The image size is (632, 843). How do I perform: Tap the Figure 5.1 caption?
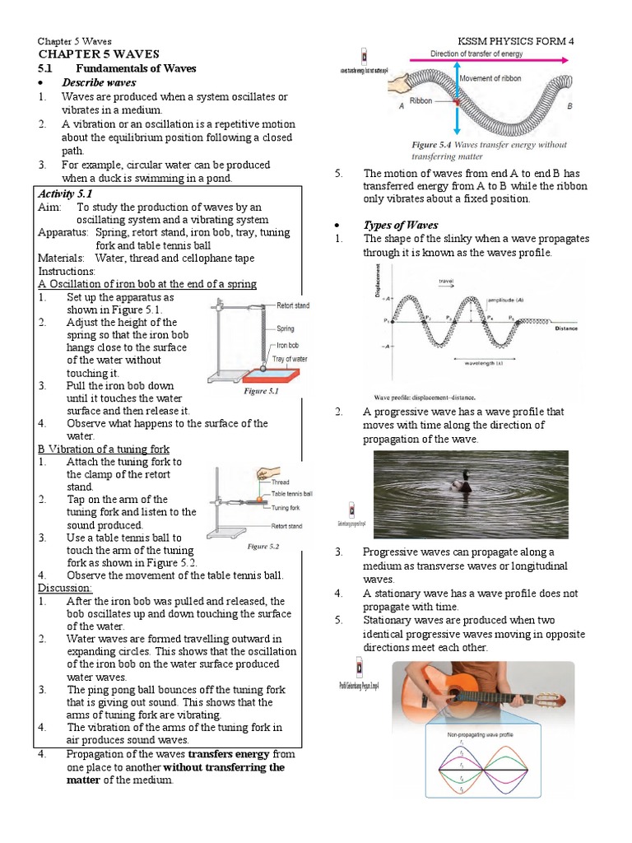pyautogui.click(x=262, y=392)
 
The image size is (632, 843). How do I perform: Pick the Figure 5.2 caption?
pyautogui.click(x=263, y=546)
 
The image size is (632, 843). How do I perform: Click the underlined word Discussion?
pyautogui.click(x=65, y=588)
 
